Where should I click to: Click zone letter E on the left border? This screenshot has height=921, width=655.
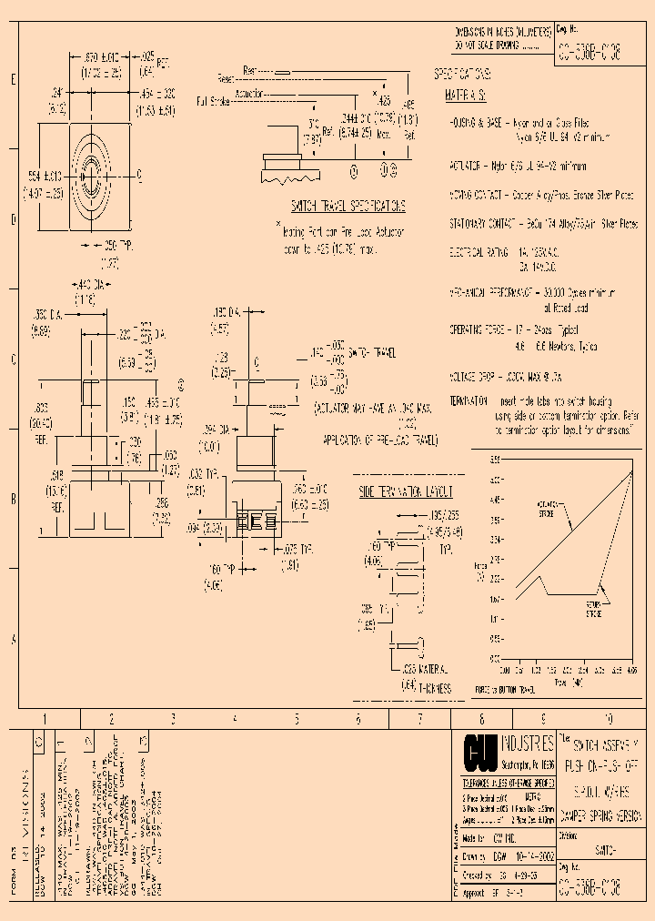tap(13, 80)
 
